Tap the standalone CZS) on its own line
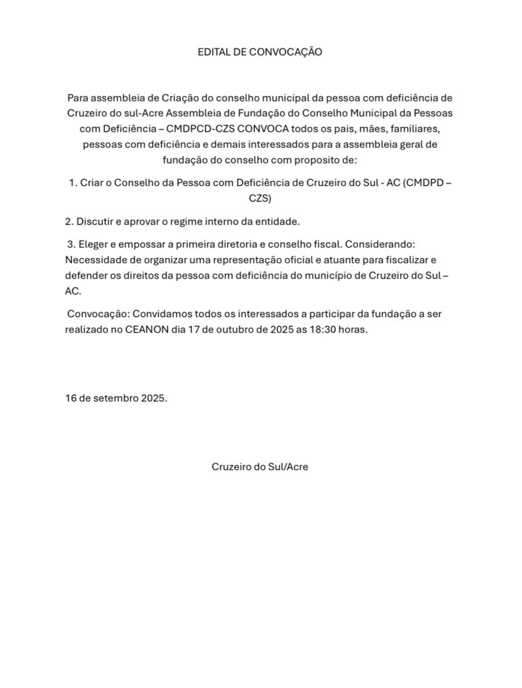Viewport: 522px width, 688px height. coord(260,199)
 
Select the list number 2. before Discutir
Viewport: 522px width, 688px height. coord(69,221)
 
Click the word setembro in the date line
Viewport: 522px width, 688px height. coord(115,398)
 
